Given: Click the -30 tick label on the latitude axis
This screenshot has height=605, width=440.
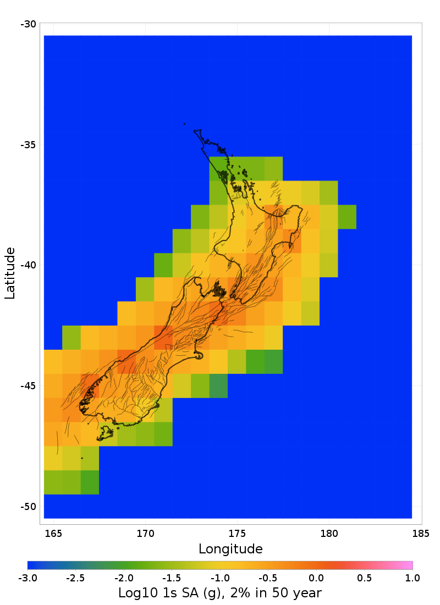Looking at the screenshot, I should tap(28, 24).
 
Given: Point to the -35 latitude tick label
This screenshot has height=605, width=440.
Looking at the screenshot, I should tap(28, 145).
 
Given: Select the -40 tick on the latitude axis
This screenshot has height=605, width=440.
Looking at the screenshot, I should tap(28, 265).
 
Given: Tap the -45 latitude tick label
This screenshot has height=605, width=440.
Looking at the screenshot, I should tap(28, 386).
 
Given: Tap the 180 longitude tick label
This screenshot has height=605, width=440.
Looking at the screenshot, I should tap(329, 533).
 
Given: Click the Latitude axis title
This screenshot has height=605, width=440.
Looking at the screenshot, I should tap(10, 273).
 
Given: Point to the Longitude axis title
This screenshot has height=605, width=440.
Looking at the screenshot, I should tap(230, 548).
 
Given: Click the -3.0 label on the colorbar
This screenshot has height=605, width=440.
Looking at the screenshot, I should tap(28, 578).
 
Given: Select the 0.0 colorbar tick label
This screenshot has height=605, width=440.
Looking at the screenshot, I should tap(316, 578).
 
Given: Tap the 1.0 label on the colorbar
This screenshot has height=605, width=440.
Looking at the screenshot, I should tap(413, 578).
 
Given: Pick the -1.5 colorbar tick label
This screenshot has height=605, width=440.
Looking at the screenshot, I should tap(172, 578).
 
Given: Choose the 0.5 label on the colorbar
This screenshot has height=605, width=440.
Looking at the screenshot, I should tap(364, 578).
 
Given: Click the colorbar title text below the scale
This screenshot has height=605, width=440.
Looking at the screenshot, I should tap(220, 593).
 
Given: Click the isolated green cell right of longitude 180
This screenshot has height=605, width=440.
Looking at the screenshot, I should tap(347, 217).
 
